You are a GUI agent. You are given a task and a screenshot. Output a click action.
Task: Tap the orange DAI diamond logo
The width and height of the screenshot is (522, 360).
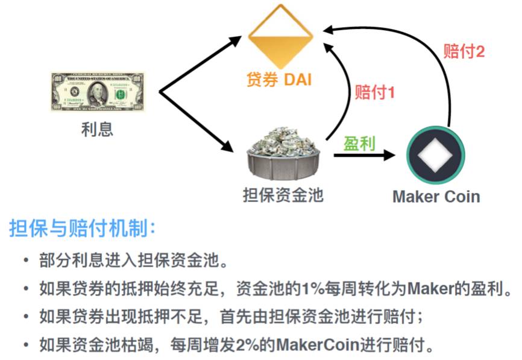click(x=280, y=36)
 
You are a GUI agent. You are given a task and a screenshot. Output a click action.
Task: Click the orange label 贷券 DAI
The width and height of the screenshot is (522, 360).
click(x=279, y=79)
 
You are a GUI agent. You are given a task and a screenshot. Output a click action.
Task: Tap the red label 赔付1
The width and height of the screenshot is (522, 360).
click(x=374, y=93)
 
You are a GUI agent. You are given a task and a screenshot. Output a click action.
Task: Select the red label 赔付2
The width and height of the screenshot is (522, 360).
click(x=464, y=51)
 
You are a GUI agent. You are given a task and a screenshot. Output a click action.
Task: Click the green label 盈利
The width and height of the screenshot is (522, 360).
click(x=359, y=143)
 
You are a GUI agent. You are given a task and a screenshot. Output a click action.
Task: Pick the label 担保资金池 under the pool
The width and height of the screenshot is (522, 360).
click(x=283, y=195)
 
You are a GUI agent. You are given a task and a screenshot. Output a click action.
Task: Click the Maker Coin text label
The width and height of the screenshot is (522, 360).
click(x=436, y=197)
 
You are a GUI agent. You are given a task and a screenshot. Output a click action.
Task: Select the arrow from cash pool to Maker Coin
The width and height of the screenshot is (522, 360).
click(x=365, y=156)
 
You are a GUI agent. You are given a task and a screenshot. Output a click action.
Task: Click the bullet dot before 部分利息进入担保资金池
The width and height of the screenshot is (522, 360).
click(x=25, y=261)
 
